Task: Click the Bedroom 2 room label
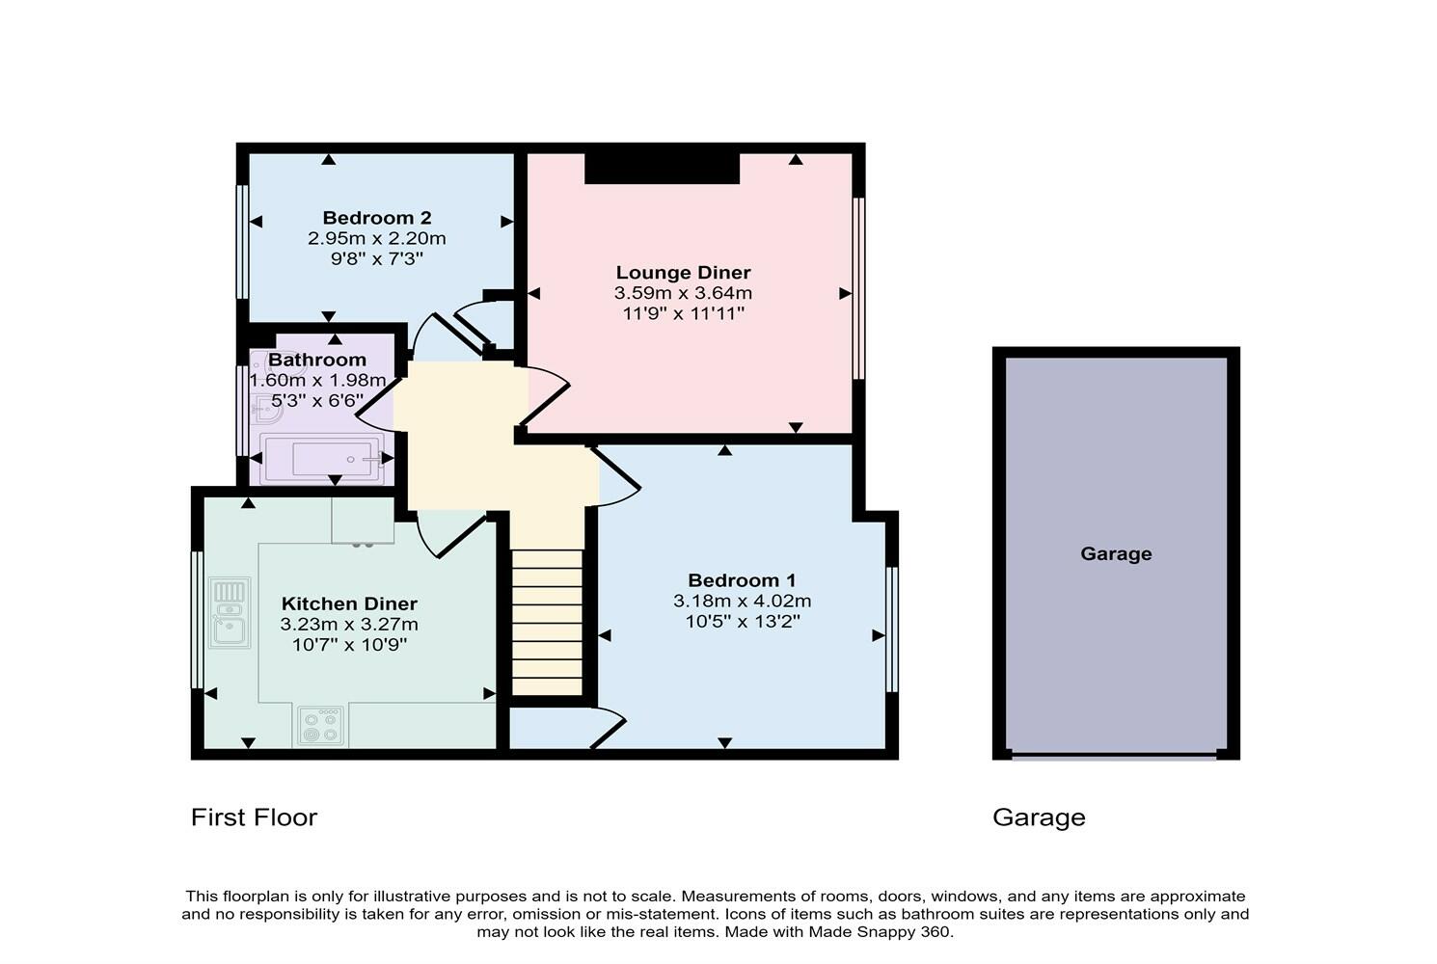[376, 218]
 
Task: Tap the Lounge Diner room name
[683, 273]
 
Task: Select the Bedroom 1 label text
[742, 580]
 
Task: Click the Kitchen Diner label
[349, 603]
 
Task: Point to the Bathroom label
[317, 360]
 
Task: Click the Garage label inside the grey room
[1116, 553]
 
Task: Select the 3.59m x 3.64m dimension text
[683, 293]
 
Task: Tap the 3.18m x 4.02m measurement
[742, 601]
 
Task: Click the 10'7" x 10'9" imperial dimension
[349, 644]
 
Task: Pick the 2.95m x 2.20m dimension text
[376, 238]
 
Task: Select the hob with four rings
[320, 726]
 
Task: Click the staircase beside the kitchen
[547, 622]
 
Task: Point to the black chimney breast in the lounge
[662, 168]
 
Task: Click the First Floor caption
[254, 817]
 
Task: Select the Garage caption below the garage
[1039, 817]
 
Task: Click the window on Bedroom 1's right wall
[892, 629]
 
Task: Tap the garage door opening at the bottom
[1114, 757]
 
